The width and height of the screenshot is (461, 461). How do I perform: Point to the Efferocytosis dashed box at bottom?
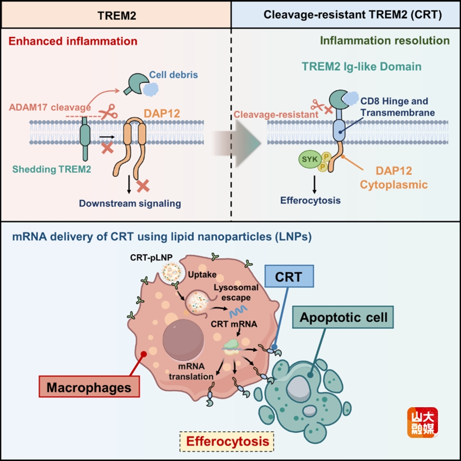tap(227, 441)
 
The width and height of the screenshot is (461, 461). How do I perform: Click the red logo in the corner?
tap(423, 422)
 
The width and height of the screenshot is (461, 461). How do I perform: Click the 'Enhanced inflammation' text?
tap(72, 41)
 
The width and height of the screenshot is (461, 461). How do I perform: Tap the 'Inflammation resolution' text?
tap(385, 40)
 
